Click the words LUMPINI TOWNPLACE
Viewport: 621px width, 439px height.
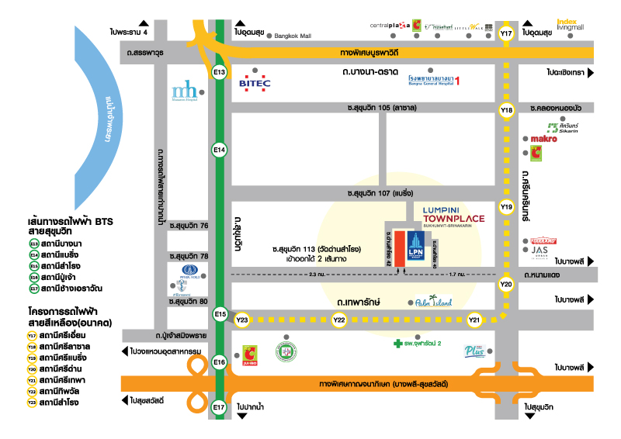[454, 214]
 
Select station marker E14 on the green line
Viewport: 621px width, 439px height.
[220, 149]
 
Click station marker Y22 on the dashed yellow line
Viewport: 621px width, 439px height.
[339, 320]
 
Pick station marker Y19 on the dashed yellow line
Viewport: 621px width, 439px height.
[507, 207]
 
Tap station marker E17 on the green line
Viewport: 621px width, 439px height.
[220, 406]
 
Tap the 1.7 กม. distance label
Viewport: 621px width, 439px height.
[457, 275]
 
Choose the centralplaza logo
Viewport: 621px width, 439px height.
[389, 26]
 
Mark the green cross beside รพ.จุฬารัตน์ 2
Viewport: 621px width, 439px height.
[397, 342]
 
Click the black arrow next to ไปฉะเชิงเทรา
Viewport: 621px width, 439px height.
[590, 73]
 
